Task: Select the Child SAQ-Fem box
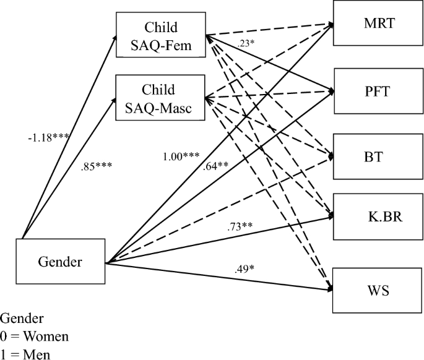(x=160, y=36)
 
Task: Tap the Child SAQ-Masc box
(x=160, y=96)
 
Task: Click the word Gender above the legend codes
(x=22, y=319)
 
